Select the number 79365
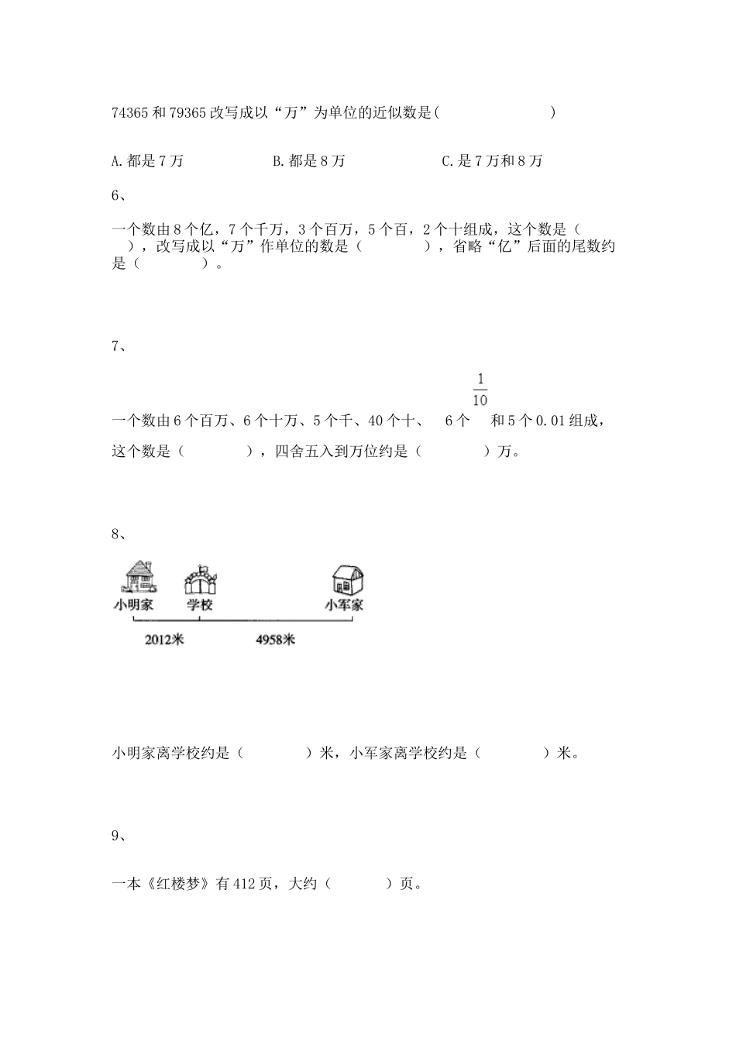(186, 113)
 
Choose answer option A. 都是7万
(147, 161)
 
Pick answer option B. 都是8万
(309, 161)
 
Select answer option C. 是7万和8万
(492, 161)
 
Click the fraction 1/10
(480, 390)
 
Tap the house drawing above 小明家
(139, 578)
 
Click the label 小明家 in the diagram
(133, 605)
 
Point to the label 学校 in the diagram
(199, 605)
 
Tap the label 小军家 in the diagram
(344, 605)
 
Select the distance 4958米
(275, 640)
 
